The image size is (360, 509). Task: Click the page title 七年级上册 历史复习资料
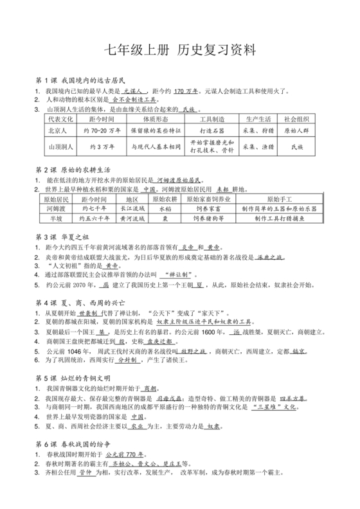(x=179, y=49)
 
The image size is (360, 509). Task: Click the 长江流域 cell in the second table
(x=132, y=209)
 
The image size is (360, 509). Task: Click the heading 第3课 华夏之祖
(x=66, y=238)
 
